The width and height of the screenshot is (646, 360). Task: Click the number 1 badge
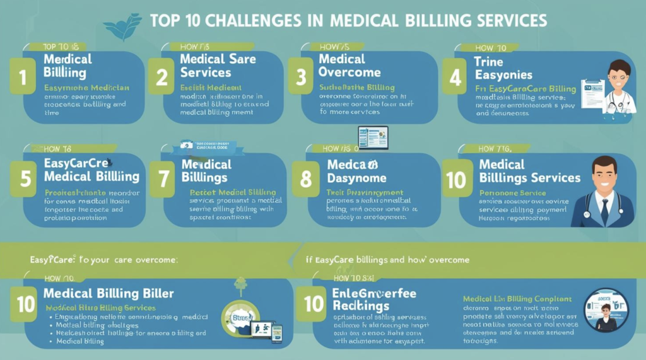tap(23, 78)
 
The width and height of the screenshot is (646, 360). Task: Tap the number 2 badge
tap(162, 78)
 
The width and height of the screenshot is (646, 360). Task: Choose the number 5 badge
tap(25, 178)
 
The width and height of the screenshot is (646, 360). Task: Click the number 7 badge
tap(163, 178)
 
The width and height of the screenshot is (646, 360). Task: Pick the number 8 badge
tap(306, 179)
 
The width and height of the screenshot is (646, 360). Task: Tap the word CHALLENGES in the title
tap(252, 20)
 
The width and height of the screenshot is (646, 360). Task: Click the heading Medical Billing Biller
tap(109, 294)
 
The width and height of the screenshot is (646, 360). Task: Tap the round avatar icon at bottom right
tap(606, 310)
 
